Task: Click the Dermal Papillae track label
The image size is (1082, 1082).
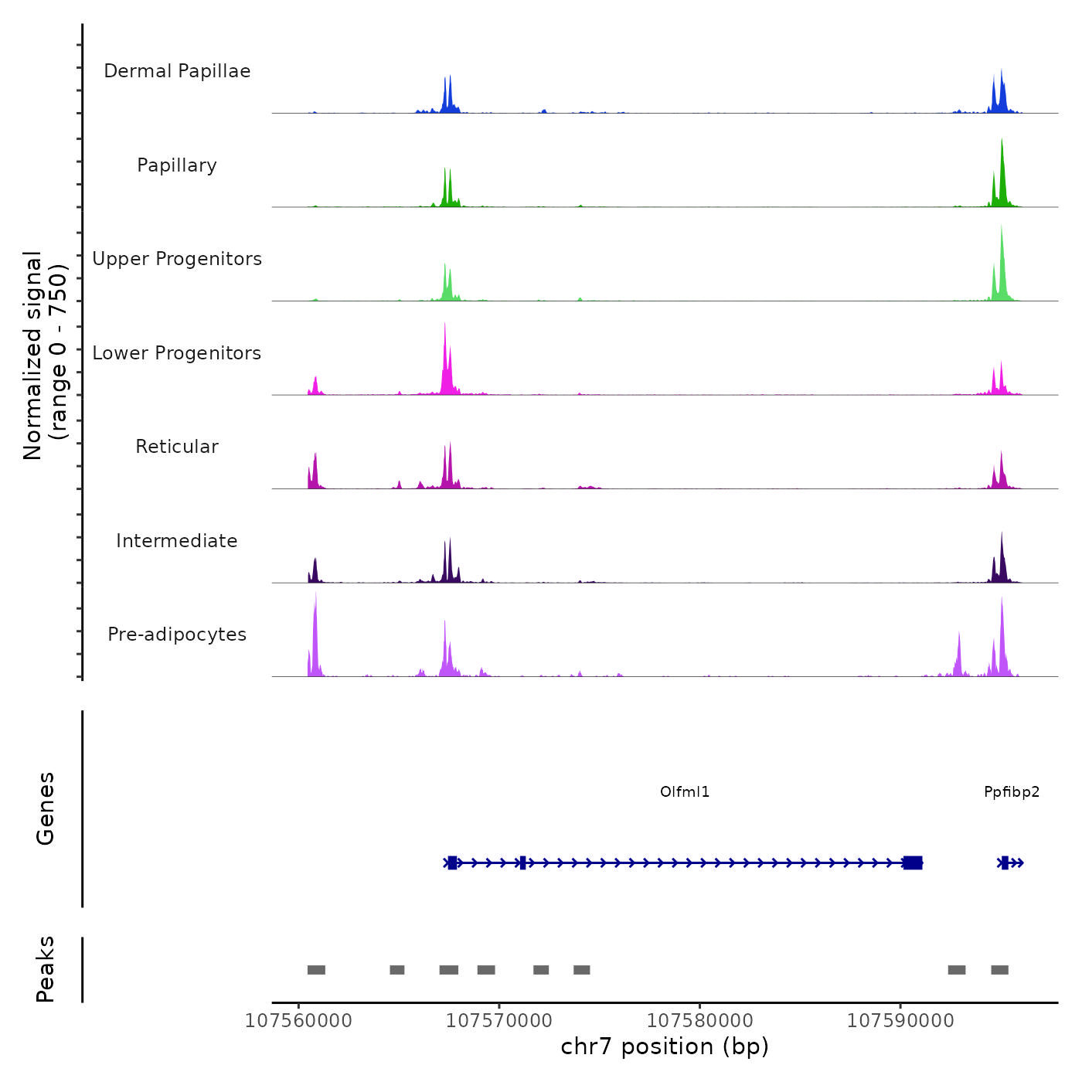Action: (x=177, y=71)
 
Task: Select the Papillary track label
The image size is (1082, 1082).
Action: (x=177, y=165)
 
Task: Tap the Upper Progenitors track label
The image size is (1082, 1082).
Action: (x=177, y=259)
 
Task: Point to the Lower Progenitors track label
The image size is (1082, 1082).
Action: (x=177, y=353)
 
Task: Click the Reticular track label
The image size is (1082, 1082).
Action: (x=177, y=447)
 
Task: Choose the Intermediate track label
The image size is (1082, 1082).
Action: (x=177, y=541)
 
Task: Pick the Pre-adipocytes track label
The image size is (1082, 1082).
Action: (x=177, y=635)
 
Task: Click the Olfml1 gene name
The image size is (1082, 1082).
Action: (x=685, y=792)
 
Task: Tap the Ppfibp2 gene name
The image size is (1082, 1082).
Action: (x=1012, y=792)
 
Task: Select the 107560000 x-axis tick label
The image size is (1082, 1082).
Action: (x=298, y=1021)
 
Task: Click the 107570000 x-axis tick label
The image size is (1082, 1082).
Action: (x=499, y=1021)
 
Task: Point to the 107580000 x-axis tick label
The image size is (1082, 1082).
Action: (x=700, y=1021)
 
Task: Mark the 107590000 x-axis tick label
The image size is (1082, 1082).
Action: (x=900, y=1021)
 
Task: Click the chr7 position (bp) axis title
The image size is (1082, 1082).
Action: (x=665, y=1046)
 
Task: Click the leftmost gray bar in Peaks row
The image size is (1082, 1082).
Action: (x=316, y=970)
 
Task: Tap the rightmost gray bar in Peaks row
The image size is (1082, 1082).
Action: (x=999, y=970)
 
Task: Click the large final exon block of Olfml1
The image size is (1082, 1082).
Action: (x=913, y=863)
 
